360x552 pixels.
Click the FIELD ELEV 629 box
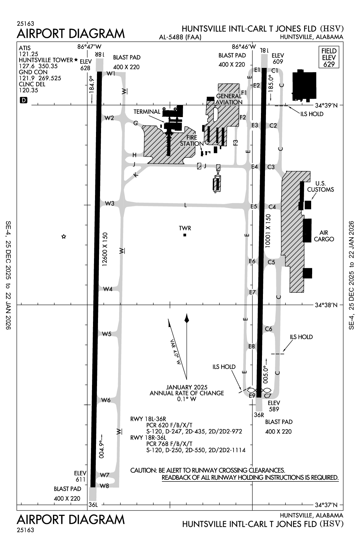point(329,57)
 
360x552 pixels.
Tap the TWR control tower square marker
point(185,235)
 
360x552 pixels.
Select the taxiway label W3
point(110,203)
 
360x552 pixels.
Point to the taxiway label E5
point(254,206)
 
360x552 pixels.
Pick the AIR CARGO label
point(324,236)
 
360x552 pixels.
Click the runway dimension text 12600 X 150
point(105,249)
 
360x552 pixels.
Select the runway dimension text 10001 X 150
point(268,231)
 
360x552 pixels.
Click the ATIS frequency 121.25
point(28,54)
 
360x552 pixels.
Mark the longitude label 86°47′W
point(89,47)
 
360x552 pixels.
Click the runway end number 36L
point(93,504)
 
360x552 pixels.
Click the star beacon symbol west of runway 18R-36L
point(64,237)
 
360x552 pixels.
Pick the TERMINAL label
point(147,111)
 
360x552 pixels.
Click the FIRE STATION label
point(192,141)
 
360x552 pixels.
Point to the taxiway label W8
point(105,486)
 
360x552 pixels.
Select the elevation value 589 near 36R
point(274,409)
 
